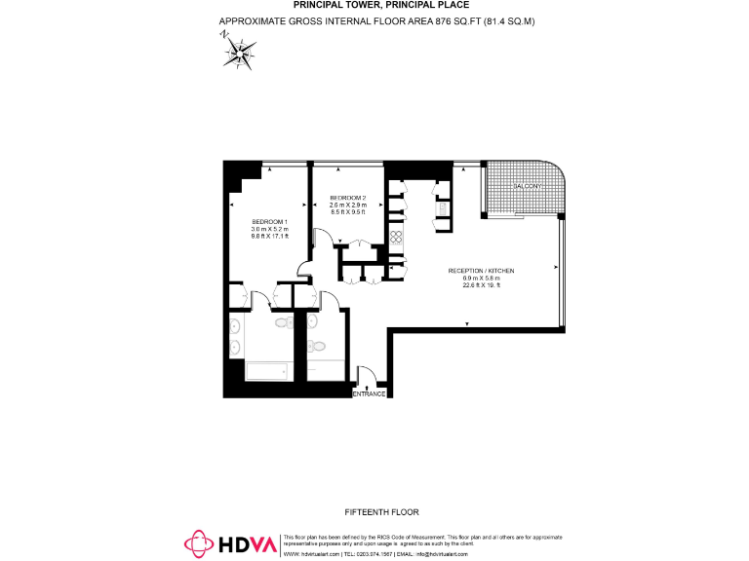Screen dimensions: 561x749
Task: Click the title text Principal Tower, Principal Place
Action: coord(374,5)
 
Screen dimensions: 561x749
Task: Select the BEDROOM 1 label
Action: coord(269,221)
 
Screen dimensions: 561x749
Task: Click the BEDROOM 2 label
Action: coord(346,198)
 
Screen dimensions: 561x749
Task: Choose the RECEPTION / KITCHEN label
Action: coord(481,271)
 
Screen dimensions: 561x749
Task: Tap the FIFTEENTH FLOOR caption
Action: coord(381,511)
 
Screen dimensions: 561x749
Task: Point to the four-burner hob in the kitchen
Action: coord(397,236)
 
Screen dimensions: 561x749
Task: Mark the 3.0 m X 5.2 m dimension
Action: coord(269,229)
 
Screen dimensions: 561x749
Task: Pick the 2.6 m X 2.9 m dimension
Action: coord(347,205)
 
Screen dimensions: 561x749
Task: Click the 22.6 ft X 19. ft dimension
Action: coord(481,285)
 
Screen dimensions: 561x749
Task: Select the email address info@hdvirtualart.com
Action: coord(441,553)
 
